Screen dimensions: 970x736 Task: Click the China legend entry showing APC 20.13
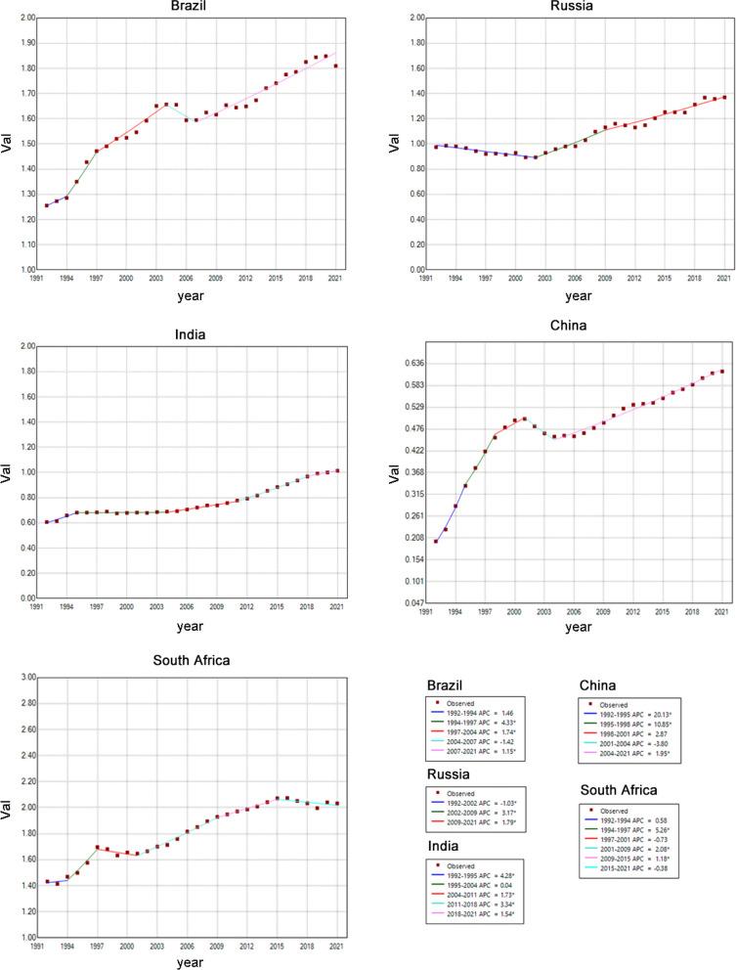(x=635, y=719)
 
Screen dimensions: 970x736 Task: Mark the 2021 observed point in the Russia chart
(x=723, y=97)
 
